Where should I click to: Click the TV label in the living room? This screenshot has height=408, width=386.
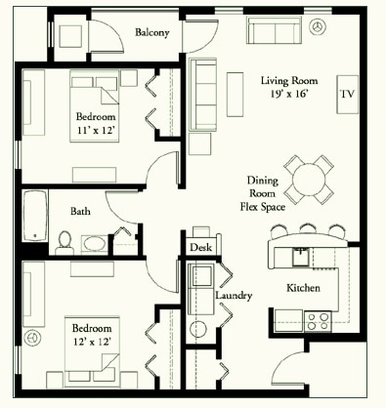347,94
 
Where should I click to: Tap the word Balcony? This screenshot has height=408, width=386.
152,32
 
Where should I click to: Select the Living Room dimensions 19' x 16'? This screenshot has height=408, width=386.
289,94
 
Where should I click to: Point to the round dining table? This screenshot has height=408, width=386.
308,180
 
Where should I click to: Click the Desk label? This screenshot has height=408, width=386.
200,247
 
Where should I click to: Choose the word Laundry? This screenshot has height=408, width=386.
234,296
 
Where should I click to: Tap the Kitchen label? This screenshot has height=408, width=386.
303,288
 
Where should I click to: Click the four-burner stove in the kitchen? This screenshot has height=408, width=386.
318,321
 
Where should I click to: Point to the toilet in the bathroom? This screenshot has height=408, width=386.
64,242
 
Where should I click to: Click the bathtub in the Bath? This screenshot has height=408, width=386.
35,216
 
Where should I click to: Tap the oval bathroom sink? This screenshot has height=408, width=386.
94,243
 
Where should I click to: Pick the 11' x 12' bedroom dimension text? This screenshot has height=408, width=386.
96,131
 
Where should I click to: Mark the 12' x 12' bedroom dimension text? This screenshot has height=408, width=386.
92,342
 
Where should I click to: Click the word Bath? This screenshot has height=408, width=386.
80,211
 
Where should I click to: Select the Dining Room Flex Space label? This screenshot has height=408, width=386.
263,193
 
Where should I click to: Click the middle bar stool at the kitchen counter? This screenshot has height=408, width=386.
308,228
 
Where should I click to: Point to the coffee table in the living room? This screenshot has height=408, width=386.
235,95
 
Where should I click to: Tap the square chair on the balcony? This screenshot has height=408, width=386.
70,36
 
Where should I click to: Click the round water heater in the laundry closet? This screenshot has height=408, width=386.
198,329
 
